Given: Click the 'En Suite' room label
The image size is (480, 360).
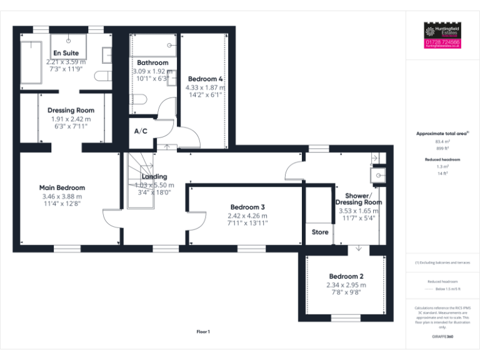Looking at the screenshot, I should pos(66,53).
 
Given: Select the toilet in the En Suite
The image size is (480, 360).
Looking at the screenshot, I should pos(102,77).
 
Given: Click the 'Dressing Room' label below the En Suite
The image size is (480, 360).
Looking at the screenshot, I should pos(71,111).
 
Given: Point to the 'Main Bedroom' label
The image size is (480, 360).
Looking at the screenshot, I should pos(62,187).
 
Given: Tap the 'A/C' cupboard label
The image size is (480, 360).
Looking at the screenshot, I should pos(141,131).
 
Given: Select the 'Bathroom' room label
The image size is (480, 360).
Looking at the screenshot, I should pos(152,62).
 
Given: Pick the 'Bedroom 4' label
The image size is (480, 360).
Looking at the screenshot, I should pos(205,79).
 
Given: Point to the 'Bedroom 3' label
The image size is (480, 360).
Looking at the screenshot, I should pos(247,207).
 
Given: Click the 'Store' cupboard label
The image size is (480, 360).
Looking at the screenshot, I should pos(320,232).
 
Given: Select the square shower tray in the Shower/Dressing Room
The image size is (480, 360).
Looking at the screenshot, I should pos(377,176).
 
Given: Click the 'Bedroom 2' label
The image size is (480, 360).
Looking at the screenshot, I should pos(346,276).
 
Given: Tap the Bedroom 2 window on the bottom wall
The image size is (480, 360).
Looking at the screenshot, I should pos(346,318).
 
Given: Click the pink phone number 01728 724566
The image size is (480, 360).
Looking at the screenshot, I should pos(442,42).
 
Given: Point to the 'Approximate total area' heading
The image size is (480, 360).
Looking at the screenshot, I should pos(441,134).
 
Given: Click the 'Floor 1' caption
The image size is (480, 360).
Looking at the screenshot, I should pos(203,332).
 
